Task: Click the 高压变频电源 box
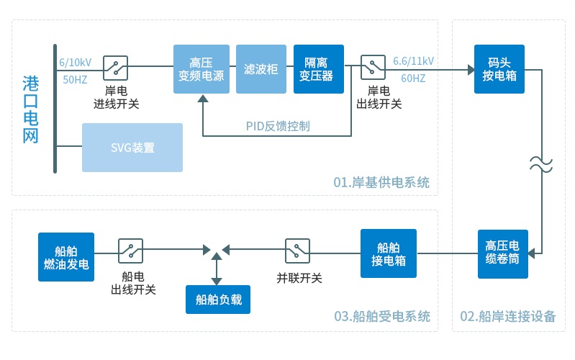click(202, 69)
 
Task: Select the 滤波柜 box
click(261, 69)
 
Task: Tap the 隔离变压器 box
click(319, 69)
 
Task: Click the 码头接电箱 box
click(499, 69)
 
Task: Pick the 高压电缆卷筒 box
click(502, 253)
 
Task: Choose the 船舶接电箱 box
click(389, 253)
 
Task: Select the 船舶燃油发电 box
click(66, 256)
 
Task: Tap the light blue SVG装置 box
click(132, 148)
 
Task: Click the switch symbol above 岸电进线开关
click(116, 68)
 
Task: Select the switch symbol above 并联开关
click(297, 251)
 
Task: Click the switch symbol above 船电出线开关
click(130, 251)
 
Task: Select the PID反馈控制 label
click(277, 126)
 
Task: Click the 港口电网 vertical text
click(30, 109)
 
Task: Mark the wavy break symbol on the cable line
click(540, 163)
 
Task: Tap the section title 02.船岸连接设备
click(507, 317)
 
